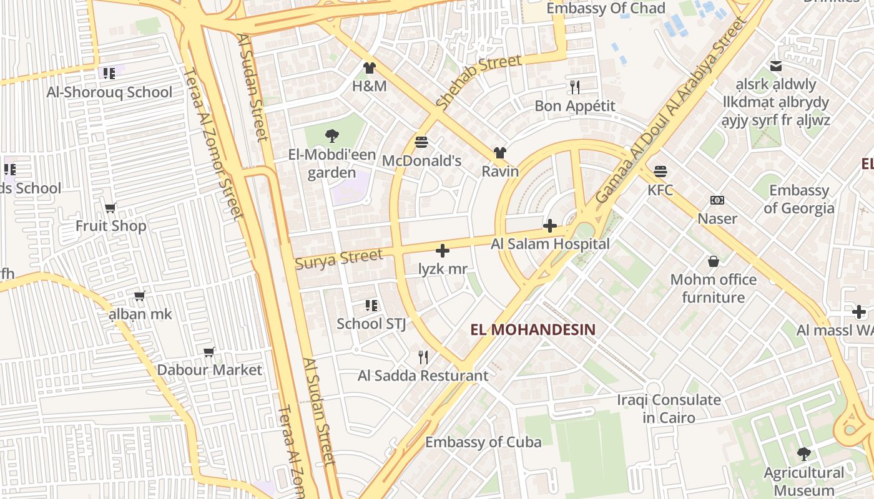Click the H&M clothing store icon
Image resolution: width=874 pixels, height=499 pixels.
tap(370, 68)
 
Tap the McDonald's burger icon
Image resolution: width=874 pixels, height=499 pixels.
tap(421, 142)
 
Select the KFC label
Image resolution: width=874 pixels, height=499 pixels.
tap(660, 190)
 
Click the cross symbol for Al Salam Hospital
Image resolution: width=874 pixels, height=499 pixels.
tap(550, 226)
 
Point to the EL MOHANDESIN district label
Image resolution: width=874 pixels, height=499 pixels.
tap(533, 329)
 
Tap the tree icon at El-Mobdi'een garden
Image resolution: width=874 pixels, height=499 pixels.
tap(332, 135)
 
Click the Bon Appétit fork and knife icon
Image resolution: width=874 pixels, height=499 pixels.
tap(575, 87)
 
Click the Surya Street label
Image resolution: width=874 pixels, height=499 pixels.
tap(339, 258)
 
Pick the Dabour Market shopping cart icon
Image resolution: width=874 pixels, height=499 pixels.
tap(209, 352)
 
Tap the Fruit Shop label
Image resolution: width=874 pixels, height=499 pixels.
tap(111, 226)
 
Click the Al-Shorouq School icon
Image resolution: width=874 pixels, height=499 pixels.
tap(109, 74)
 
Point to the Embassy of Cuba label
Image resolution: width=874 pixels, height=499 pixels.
tap(483, 442)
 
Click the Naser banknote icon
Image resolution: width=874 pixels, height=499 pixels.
tap(717, 200)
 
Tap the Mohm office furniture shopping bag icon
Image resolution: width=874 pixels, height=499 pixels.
tap(713, 261)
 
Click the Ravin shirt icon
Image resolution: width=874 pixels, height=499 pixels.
tap(499, 152)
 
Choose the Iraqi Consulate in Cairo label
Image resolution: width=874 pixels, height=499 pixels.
tap(669, 408)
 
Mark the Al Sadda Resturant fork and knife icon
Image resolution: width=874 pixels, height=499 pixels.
tap(423, 357)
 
